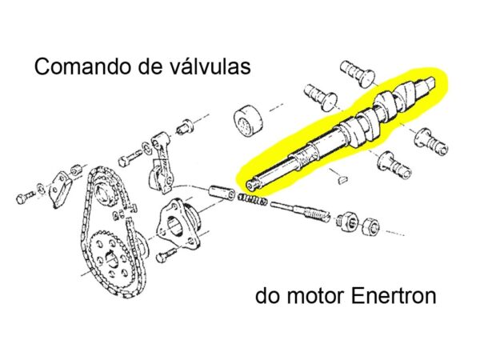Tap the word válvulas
(x=210, y=66)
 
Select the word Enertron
(x=394, y=296)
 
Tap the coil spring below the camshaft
(x=252, y=200)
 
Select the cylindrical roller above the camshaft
(x=248, y=121)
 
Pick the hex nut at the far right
(x=371, y=226)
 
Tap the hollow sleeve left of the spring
(x=222, y=192)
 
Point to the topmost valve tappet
(x=358, y=72)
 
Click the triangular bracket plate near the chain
(x=62, y=189)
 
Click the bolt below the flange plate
(x=166, y=255)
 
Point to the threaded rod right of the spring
(x=301, y=211)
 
